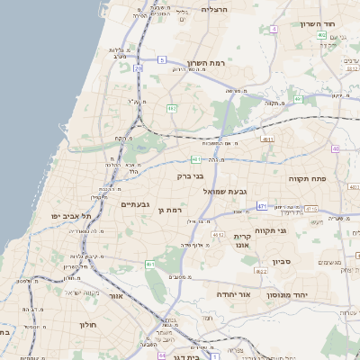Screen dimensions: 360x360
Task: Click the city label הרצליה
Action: click(x=215, y=9)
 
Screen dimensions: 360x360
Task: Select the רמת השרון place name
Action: click(x=191, y=63)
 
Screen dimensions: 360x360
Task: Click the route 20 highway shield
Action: click(x=138, y=68)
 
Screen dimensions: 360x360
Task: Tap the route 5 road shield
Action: click(x=162, y=59)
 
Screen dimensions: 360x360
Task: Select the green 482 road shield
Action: click(x=171, y=108)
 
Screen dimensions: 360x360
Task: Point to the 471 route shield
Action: click(x=261, y=206)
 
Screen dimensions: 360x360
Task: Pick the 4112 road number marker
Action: click(x=218, y=234)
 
